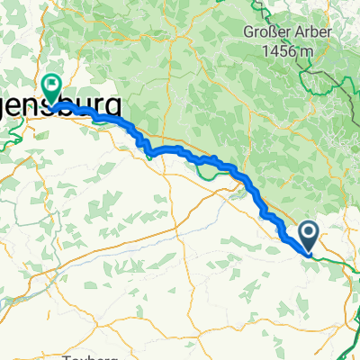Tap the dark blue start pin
tap(308, 236)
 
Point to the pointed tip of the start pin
tap(308, 253)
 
